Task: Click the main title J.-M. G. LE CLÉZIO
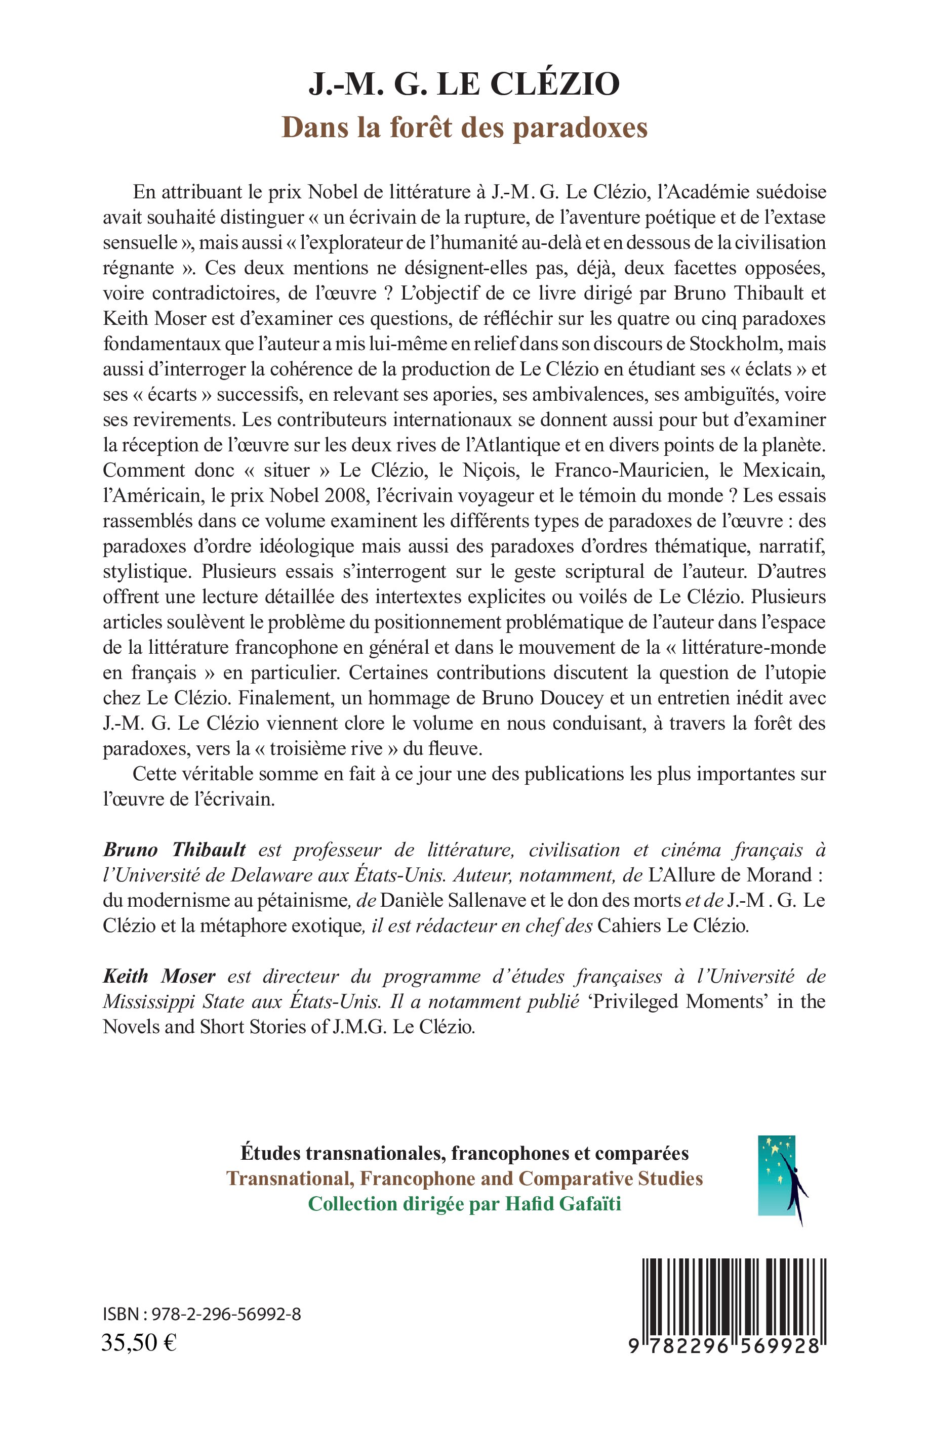click(464, 83)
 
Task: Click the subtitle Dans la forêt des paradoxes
click(464, 128)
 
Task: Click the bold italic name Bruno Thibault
click(174, 849)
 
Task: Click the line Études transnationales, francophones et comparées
click(464, 1153)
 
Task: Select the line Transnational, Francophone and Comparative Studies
click(464, 1178)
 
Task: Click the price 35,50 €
click(139, 1342)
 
